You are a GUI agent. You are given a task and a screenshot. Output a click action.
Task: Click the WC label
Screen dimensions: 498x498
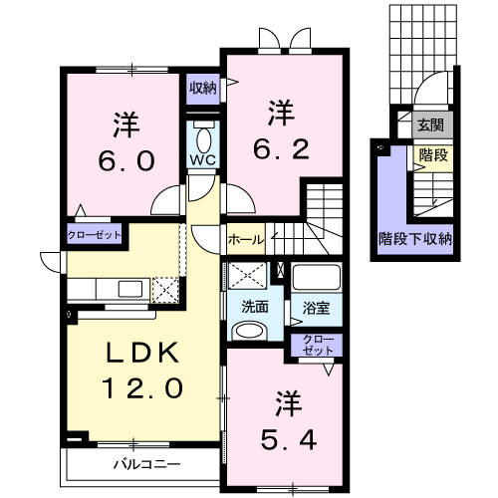coord(203,160)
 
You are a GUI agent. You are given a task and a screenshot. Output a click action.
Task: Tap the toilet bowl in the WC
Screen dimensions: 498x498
coord(203,140)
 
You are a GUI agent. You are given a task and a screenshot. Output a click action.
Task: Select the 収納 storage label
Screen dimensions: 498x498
coord(202,89)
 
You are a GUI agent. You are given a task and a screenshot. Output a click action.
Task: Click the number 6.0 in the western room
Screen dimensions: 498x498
coord(126,160)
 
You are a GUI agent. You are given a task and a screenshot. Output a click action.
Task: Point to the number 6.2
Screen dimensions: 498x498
coord(281,149)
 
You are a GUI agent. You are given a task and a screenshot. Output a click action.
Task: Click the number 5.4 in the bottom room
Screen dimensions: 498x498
coord(288,440)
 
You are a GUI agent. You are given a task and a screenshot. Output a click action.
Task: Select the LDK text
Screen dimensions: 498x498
coord(142,353)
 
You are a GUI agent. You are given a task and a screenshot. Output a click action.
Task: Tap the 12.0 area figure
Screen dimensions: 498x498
coord(142,387)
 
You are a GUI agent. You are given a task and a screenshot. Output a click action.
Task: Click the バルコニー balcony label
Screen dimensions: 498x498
coord(147,464)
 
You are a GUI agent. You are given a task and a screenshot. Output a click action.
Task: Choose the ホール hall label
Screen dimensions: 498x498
coord(246,239)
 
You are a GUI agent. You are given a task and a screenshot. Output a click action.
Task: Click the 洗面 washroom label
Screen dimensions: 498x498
coord(255,308)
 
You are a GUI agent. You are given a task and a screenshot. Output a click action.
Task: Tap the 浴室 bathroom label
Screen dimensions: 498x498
coord(316,308)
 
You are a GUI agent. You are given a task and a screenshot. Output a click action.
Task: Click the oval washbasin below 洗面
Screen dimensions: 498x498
coord(250,331)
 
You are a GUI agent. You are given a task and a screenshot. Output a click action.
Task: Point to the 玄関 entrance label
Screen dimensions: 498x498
coord(430,125)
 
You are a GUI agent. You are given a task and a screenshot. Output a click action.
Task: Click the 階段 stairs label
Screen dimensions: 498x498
coord(433,155)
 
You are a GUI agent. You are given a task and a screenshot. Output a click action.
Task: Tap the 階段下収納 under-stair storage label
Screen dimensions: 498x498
coord(415,239)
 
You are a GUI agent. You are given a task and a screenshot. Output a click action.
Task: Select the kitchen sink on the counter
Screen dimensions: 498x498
coord(130,289)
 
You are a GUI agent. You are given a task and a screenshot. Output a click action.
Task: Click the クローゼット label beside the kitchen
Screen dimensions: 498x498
coord(95,235)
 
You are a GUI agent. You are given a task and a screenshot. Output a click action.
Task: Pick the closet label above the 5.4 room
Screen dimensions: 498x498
coord(318,345)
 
